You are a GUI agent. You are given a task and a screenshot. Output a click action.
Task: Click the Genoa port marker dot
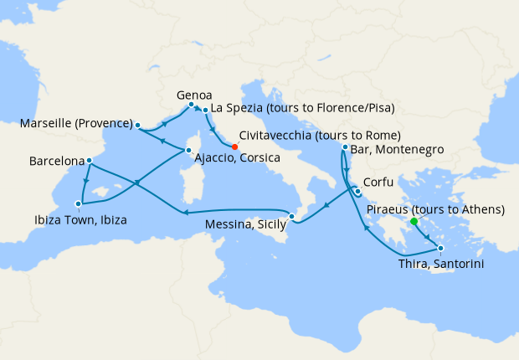click(x=192, y=105)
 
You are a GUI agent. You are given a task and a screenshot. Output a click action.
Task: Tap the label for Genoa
click(x=194, y=94)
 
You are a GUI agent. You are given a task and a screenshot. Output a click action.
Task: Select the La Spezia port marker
click(x=206, y=109)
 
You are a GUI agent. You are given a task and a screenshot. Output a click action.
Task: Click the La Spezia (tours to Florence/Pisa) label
click(x=302, y=108)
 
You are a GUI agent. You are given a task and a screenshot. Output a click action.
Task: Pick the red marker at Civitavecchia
click(x=234, y=147)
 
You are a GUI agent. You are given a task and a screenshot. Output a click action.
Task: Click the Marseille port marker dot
click(x=137, y=125)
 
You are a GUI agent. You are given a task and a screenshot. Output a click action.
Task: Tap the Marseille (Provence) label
click(x=73, y=125)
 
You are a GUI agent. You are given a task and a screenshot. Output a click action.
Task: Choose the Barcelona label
click(x=56, y=159)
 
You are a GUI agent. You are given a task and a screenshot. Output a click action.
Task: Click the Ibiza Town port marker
click(x=78, y=203)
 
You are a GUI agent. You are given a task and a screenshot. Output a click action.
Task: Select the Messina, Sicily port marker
click(x=291, y=218)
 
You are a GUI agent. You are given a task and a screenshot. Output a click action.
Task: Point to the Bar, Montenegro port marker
click(x=345, y=147)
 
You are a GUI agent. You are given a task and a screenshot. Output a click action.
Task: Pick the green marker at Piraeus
click(x=414, y=222)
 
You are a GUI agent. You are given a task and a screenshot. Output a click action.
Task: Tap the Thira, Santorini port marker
click(x=441, y=247)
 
